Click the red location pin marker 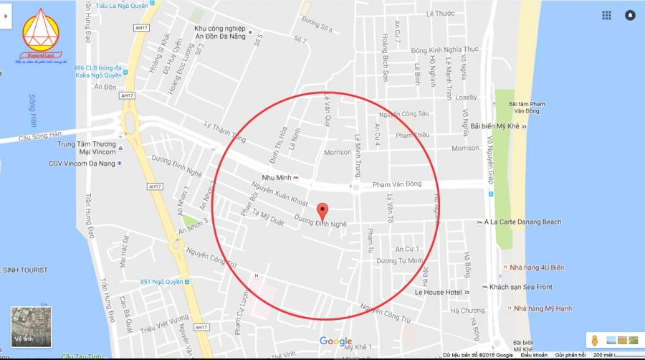[322, 212]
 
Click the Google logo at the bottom [335, 341]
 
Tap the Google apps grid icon [606, 15]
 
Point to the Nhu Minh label [277, 177]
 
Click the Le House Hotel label [438, 293]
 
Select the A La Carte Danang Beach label [522, 222]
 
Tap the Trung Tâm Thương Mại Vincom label [87, 147]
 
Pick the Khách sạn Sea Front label [530, 287]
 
